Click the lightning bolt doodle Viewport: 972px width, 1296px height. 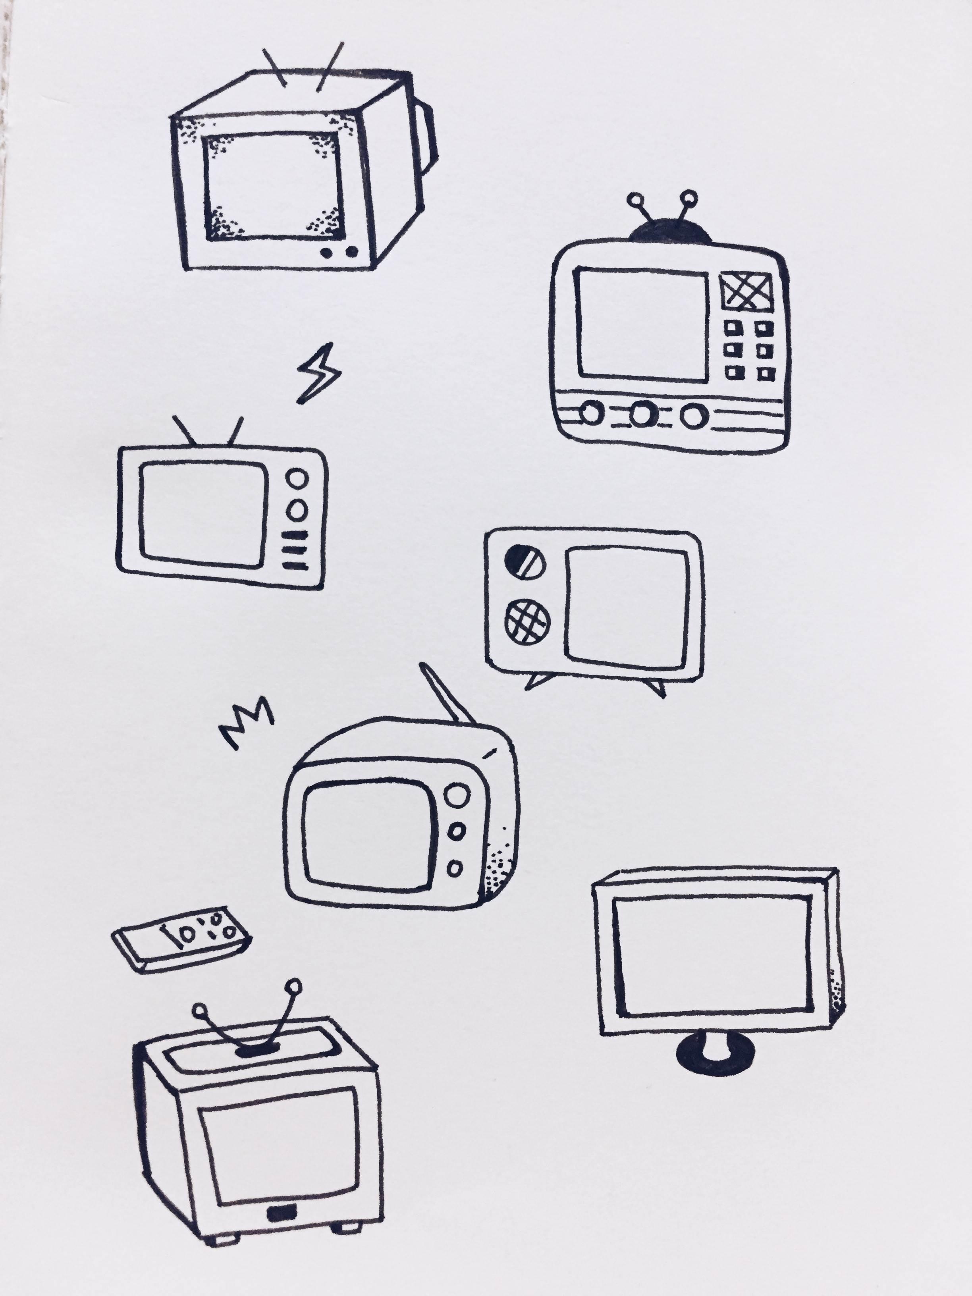318,374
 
